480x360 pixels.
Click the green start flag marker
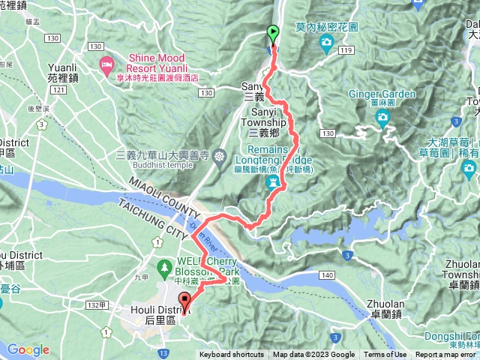coord(272,33)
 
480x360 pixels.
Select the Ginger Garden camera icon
coord(382,117)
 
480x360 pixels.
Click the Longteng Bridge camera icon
coord(275,182)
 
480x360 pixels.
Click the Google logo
coord(28,349)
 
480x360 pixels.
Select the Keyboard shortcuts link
coord(233,355)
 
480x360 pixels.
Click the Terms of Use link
coord(385,355)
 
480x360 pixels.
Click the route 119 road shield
coord(346,50)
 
